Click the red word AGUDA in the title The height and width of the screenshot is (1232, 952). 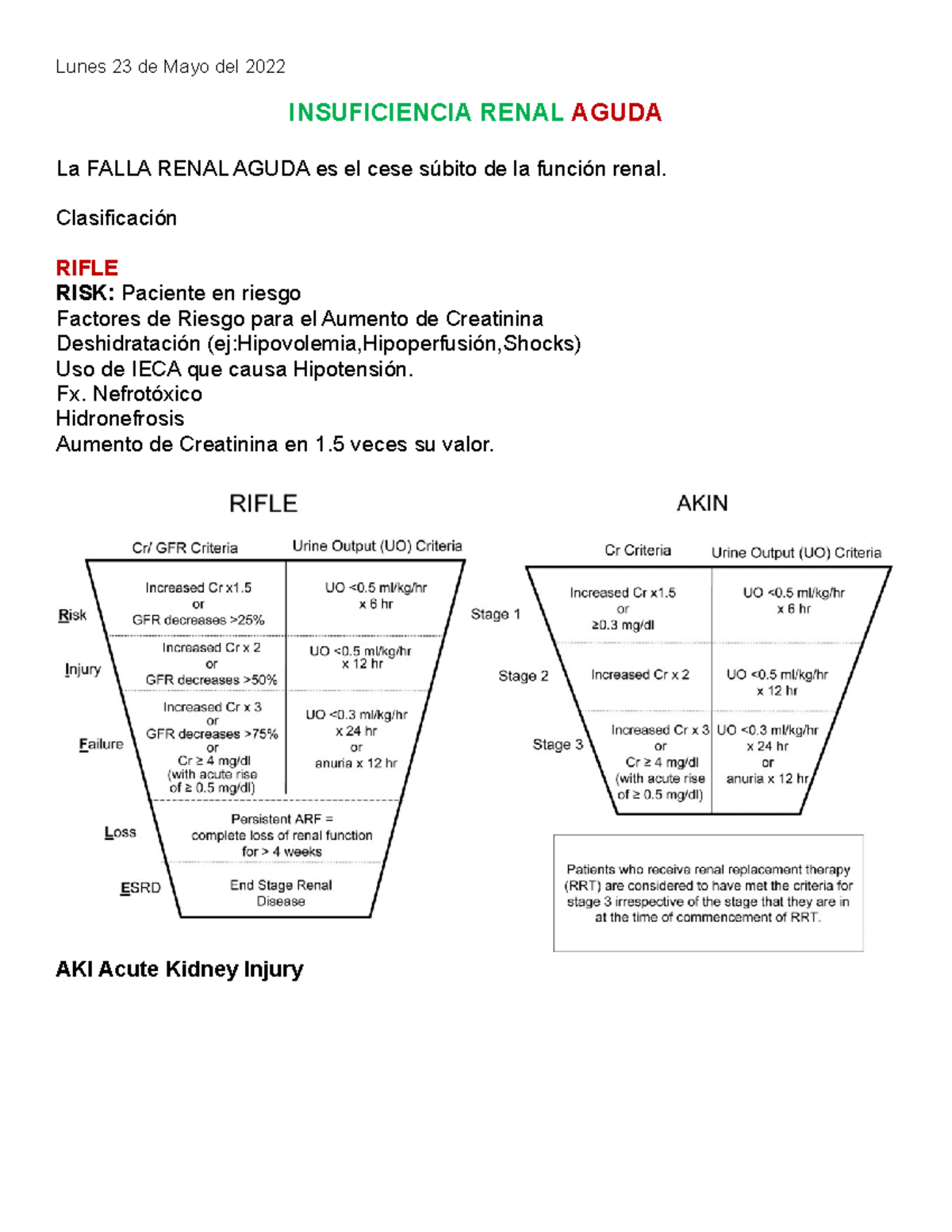(x=616, y=113)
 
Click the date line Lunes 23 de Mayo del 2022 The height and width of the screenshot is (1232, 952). (x=171, y=67)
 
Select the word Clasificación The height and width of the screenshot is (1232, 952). (x=116, y=218)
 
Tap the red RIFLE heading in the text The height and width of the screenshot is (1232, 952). (x=86, y=268)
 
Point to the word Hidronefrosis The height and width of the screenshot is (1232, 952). (x=120, y=419)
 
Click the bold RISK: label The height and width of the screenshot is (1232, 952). (x=86, y=294)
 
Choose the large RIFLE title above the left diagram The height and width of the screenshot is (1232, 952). (x=263, y=504)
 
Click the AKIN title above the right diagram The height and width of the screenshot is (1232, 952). (x=701, y=504)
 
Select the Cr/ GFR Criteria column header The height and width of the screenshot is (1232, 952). (x=185, y=548)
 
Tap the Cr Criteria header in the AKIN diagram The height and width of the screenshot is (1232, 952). (x=637, y=551)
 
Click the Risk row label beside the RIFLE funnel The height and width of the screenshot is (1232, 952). (x=72, y=616)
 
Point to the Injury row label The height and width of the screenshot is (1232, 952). (x=83, y=670)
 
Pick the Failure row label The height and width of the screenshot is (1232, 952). (x=101, y=744)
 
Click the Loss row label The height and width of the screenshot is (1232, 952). (x=120, y=833)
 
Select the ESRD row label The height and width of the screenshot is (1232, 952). (x=140, y=888)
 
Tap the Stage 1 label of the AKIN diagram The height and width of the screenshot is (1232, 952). (x=495, y=614)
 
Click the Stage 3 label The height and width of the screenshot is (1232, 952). (x=557, y=745)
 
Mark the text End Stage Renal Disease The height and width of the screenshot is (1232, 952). (x=281, y=893)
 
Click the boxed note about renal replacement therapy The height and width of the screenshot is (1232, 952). (x=708, y=893)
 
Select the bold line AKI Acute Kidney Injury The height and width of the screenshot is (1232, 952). (x=179, y=969)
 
